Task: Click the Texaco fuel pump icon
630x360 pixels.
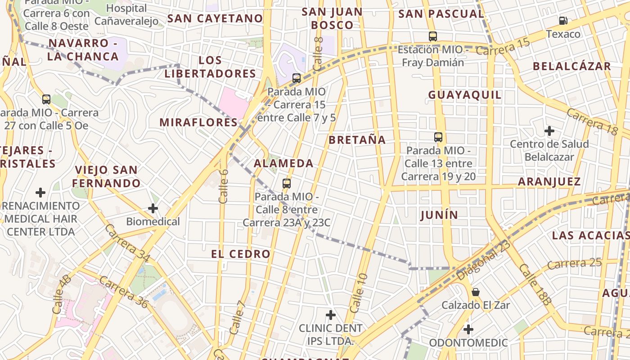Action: click(x=563, y=21)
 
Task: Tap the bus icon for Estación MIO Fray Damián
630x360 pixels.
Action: click(x=433, y=36)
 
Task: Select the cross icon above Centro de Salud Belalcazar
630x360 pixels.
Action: click(x=549, y=131)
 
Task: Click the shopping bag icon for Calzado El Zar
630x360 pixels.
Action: click(x=475, y=292)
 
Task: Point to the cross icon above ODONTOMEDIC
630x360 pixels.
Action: click(x=468, y=329)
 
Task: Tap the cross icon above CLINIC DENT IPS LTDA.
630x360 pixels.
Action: click(x=331, y=315)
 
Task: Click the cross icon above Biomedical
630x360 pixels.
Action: click(x=153, y=208)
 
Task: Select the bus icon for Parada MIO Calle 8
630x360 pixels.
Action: click(x=287, y=184)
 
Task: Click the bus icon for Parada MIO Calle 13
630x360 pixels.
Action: click(x=438, y=137)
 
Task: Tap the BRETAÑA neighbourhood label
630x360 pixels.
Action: click(x=357, y=140)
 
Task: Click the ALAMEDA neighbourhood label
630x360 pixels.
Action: click(x=283, y=163)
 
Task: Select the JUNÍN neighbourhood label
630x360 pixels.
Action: click(x=439, y=215)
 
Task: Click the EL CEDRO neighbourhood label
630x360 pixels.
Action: click(x=241, y=254)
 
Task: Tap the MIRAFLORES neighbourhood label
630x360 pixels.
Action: click(x=198, y=122)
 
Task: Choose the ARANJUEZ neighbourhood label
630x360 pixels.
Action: click(x=549, y=182)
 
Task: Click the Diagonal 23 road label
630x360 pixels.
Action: click(x=483, y=260)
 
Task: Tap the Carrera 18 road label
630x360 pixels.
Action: click(x=592, y=121)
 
